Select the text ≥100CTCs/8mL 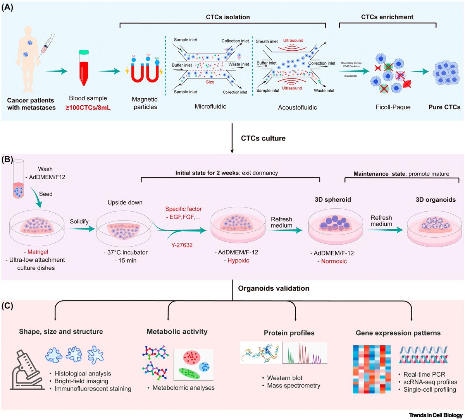[x=88, y=107]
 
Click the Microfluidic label [x=210, y=106]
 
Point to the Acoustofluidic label [x=297, y=107]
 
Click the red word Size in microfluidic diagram [x=210, y=82]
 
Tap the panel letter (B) [x=8, y=160]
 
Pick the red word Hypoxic [x=238, y=260]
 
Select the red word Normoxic [x=334, y=261]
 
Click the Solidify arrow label [x=79, y=221]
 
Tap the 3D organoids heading [x=436, y=200]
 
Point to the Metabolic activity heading [x=177, y=331]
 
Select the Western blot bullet [x=285, y=378]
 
